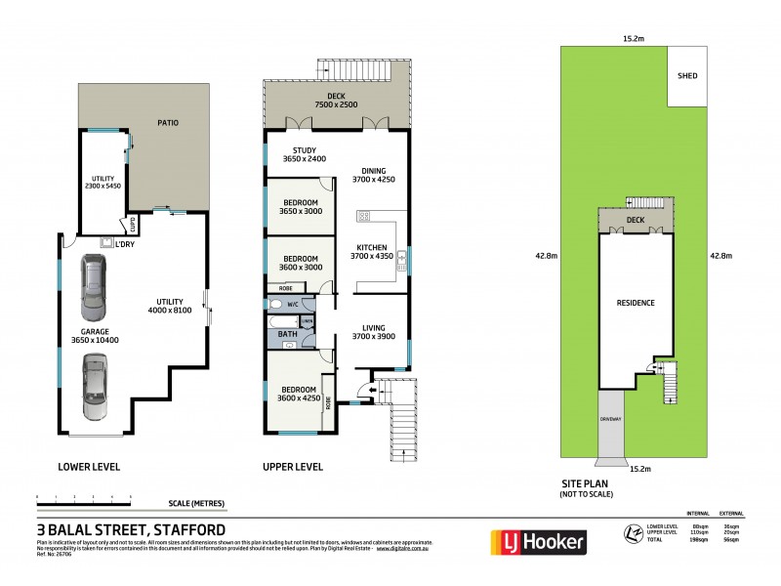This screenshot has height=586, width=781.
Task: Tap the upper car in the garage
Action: pos(94,288)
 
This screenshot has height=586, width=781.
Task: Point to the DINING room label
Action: pos(375,174)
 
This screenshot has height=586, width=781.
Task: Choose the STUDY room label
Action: pos(304,153)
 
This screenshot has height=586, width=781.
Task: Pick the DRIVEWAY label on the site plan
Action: pos(610,419)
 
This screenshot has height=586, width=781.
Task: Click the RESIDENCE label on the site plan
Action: pos(635,303)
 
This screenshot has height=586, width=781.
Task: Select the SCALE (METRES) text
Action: pos(196,503)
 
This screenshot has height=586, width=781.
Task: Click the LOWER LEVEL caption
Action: pos(89,467)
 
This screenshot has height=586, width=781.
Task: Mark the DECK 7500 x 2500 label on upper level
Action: pos(335,97)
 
